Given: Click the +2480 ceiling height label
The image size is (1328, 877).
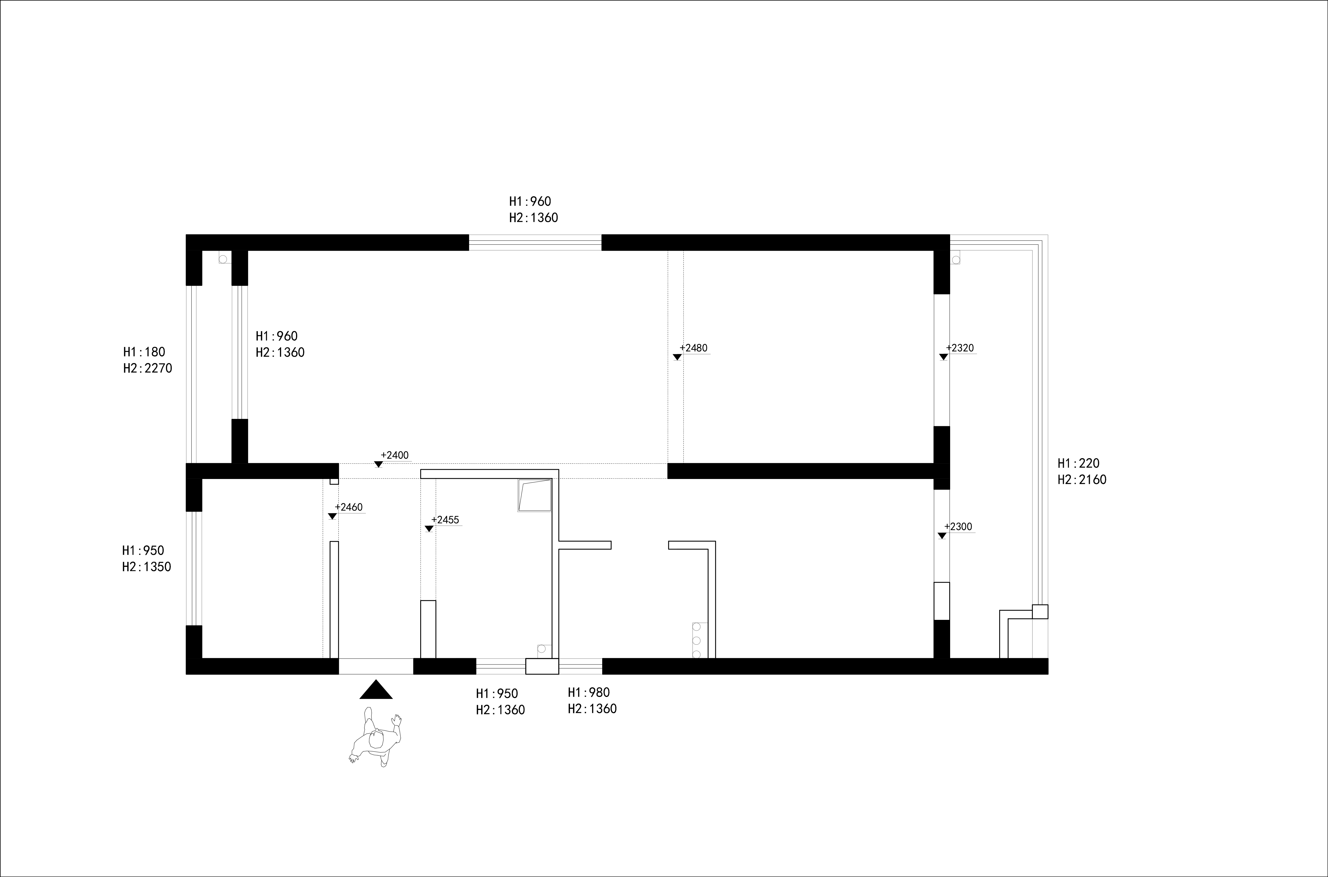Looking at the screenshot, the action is (x=693, y=348).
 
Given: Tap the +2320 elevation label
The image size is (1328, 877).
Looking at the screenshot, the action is (x=960, y=348).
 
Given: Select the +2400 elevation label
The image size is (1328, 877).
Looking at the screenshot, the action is (x=395, y=455).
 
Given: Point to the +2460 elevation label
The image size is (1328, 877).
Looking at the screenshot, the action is (x=348, y=507).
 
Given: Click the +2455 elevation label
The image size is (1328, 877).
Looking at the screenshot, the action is (x=445, y=520).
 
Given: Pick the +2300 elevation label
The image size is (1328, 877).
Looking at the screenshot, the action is (x=958, y=527).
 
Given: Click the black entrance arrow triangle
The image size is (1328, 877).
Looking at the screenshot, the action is (x=376, y=690).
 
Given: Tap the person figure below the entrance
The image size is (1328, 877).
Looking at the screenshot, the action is (x=375, y=737).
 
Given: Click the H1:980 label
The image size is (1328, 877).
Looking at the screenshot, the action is (x=589, y=692).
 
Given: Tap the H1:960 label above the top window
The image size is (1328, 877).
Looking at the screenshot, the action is (x=530, y=201).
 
